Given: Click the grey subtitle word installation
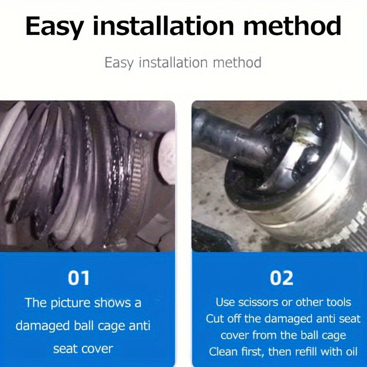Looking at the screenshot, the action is pyautogui.click(x=173, y=62).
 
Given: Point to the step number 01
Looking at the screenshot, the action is pyautogui.click(x=78, y=278).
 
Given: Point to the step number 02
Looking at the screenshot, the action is pyautogui.click(x=281, y=278).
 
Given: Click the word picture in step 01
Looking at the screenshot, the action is pyautogui.click(x=71, y=303).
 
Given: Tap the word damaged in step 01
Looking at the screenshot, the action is pyautogui.click(x=43, y=326).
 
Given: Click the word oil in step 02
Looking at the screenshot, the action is pyautogui.click(x=351, y=351).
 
